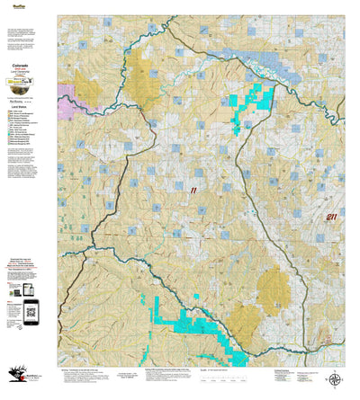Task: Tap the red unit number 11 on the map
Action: [192, 190]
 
